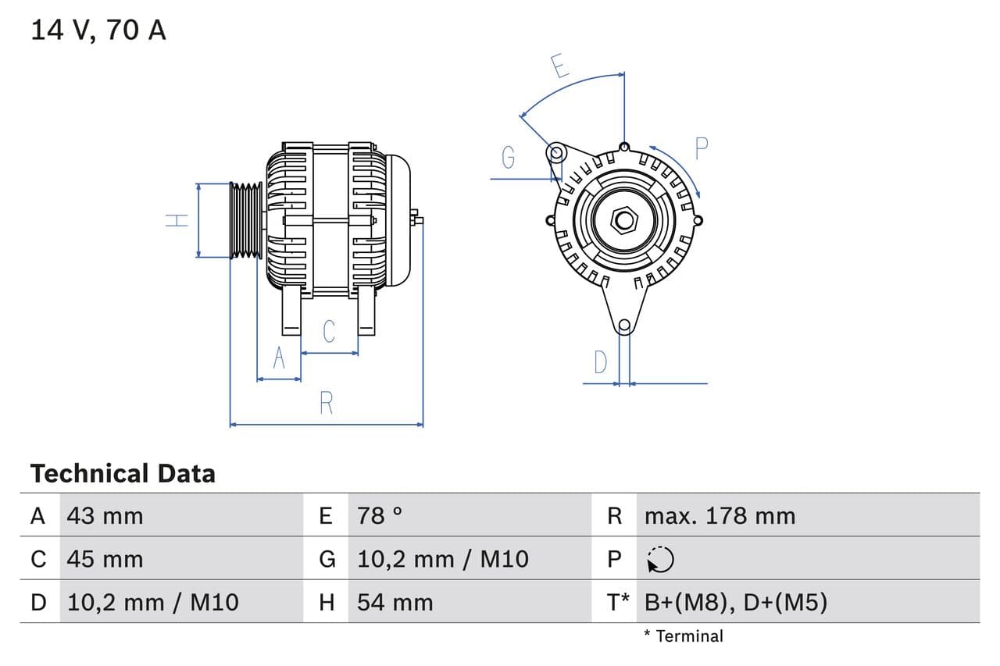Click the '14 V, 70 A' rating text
(x=98, y=30)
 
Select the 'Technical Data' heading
(x=123, y=473)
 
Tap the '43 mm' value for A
(x=105, y=515)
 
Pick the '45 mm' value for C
(x=105, y=559)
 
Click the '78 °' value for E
(x=380, y=515)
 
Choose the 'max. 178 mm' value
(x=720, y=515)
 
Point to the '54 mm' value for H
(x=395, y=602)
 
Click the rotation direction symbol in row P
(x=660, y=559)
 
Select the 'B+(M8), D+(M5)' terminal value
(x=735, y=602)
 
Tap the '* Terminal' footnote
(x=684, y=636)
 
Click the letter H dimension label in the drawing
(x=178, y=220)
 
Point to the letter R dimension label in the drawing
(x=327, y=403)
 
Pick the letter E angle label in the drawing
(x=559, y=66)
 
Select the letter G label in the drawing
(x=508, y=158)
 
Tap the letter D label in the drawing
(x=600, y=362)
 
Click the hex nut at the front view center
(x=623, y=219)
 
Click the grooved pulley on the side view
(x=247, y=220)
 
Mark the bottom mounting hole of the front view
(x=623, y=326)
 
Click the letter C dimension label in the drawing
(x=329, y=331)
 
